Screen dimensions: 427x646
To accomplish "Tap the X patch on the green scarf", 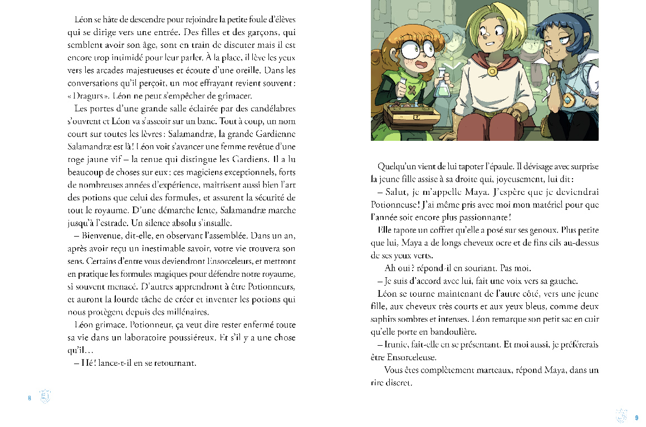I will (x=411, y=90).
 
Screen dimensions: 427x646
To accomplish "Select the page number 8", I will (x=29, y=397).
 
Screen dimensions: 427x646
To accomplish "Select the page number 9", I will (x=636, y=416).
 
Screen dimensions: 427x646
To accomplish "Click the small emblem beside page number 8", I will (x=46, y=397).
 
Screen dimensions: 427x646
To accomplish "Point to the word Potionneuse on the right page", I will (x=399, y=204).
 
